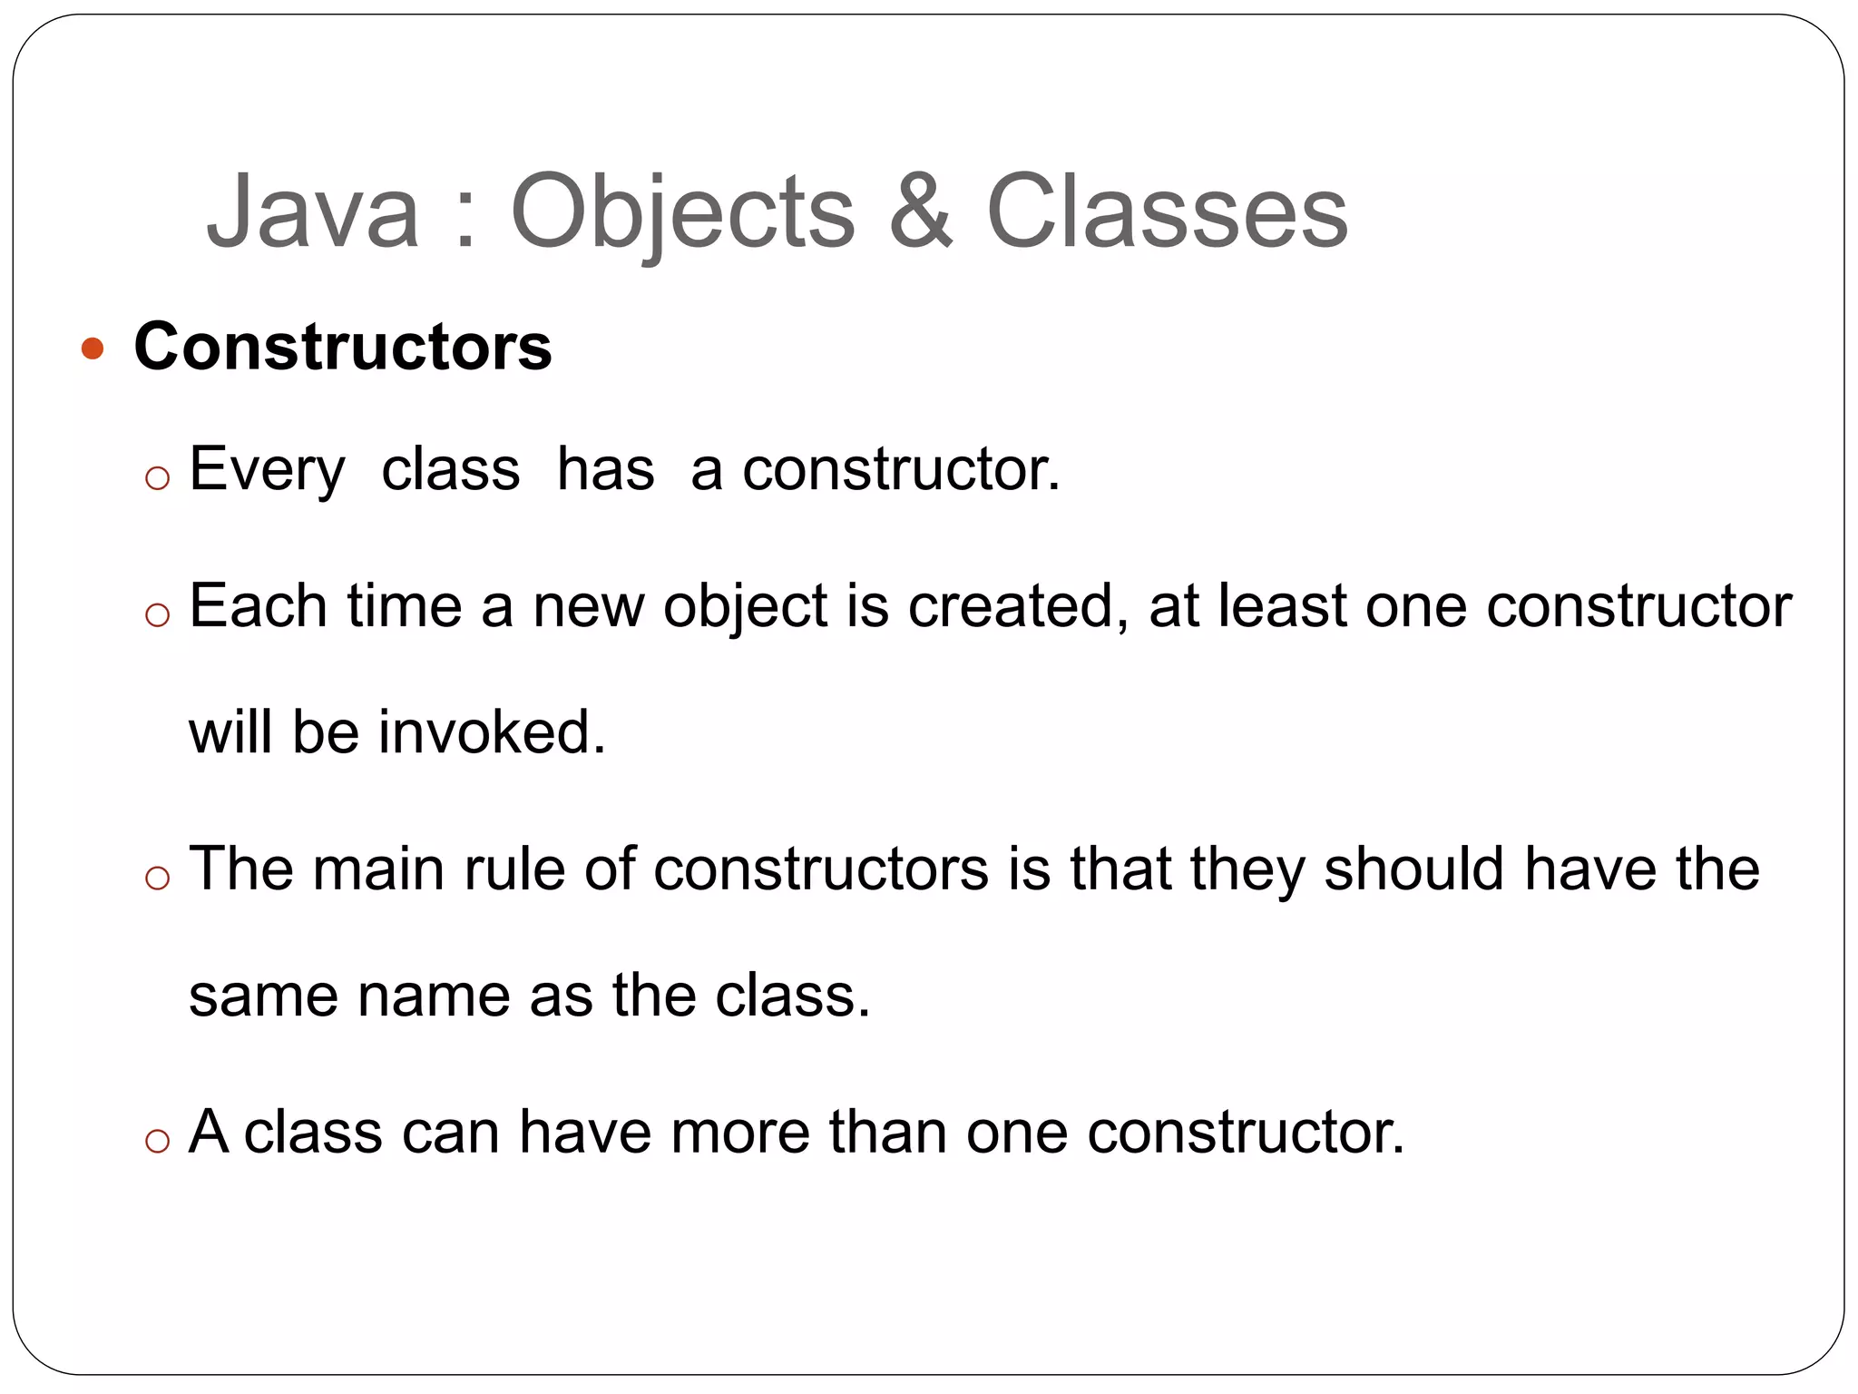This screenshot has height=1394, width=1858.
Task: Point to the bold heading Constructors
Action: (343, 347)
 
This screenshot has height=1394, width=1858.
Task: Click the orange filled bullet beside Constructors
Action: (93, 348)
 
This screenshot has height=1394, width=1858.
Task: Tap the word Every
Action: (267, 470)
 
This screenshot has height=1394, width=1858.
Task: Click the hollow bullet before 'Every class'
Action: (158, 478)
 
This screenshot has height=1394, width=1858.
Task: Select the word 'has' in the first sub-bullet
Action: (605, 470)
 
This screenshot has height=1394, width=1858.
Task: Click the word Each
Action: (258, 606)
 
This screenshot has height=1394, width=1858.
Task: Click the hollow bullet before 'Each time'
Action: (158, 615)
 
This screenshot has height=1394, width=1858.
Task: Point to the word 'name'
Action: (434, 996)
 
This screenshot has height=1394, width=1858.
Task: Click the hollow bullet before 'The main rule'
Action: (158, 878)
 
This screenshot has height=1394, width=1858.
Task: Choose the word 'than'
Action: (887, 1133)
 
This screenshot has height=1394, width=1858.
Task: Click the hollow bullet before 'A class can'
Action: (158, 1141)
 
